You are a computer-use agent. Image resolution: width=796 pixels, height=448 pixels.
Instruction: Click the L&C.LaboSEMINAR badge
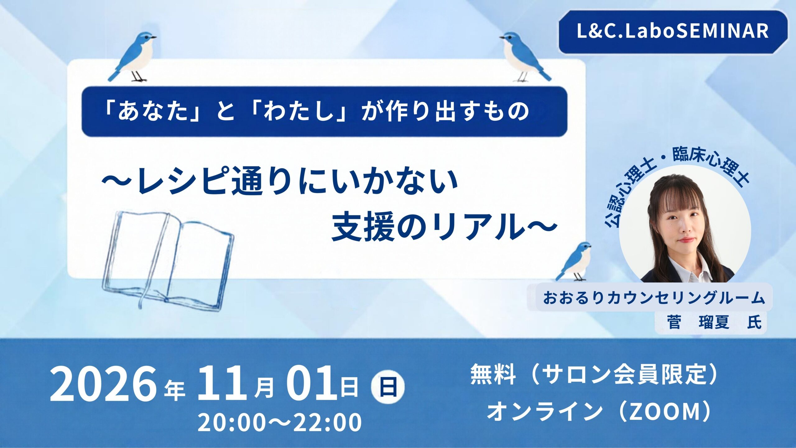673,32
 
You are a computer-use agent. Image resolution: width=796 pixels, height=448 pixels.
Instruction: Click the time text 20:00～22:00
280,422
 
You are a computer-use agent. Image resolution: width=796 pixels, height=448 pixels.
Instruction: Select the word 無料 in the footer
493,375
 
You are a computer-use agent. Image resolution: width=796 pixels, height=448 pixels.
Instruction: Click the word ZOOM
667,411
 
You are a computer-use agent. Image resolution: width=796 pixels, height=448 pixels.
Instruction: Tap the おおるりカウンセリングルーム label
654,298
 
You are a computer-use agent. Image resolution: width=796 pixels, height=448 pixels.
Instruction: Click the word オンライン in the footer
544,411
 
